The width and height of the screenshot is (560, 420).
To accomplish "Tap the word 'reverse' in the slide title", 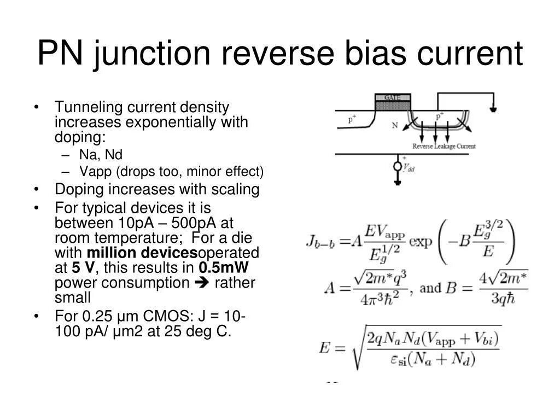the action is coord(280,55).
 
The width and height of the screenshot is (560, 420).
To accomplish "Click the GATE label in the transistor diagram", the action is coord(392,98).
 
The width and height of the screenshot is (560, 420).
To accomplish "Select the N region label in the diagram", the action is coord(395,125).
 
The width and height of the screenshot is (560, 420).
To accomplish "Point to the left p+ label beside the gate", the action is coord(352,119).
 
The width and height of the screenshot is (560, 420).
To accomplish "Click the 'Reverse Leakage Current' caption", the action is coord(444,146).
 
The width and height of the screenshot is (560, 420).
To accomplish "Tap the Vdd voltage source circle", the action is coord(398,166).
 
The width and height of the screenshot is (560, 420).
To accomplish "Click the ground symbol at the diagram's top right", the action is coord(493,108).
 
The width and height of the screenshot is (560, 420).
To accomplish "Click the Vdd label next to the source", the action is coord(409,168).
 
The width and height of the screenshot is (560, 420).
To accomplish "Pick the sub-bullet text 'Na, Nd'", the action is coord(101,154).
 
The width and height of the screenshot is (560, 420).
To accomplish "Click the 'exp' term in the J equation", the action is coord(421,241).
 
